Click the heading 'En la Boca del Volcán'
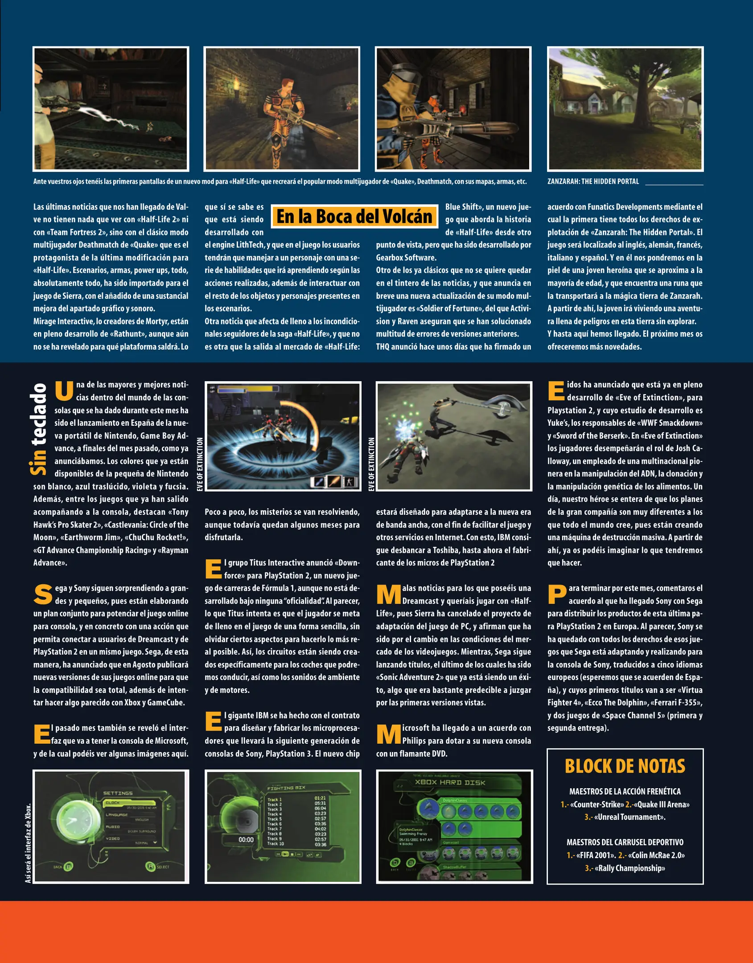coord(354,217)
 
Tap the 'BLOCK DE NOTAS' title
coord(625,766)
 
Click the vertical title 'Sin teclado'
coord(38,429)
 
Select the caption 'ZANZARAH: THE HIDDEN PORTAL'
coord(593,181)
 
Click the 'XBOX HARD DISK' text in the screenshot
coord(450,782)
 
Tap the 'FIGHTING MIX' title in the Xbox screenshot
coord(286,788)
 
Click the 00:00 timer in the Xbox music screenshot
coord(246,840)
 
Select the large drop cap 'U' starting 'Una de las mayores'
coord(64,390)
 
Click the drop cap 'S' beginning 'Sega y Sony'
coord(43,594)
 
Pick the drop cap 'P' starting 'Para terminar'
coord(557,594)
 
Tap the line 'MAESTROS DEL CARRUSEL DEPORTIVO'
coord(625,842)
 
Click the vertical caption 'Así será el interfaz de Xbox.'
coord(29,843)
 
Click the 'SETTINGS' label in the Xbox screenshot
coord(118,793)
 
